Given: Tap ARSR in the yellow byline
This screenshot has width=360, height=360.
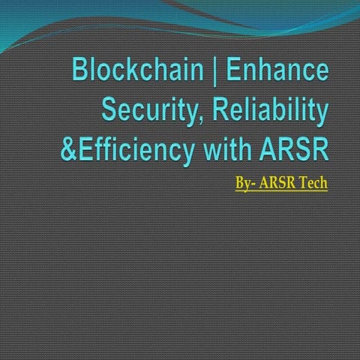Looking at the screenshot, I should pyautogui.click(x=279, y=182).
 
